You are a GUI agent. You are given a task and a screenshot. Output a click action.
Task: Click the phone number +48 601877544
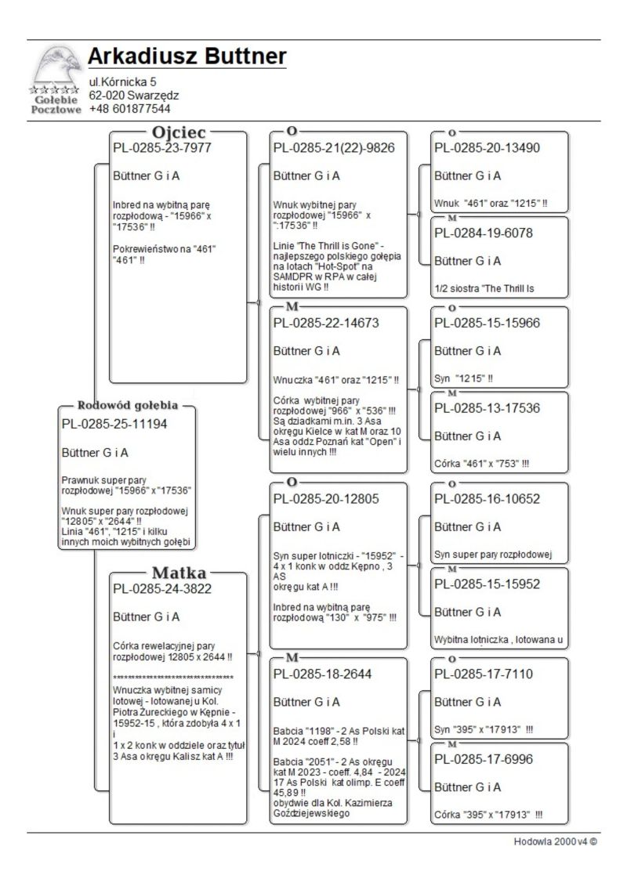(x=129, y=109)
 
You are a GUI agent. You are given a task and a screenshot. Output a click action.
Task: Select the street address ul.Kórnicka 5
(x=122, y=81)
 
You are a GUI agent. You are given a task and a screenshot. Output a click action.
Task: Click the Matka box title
(x=179, y=572)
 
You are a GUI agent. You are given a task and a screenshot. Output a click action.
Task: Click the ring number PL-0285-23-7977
(x=162, y=148)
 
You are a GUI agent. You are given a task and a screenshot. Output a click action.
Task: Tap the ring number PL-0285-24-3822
(x=162, y=589)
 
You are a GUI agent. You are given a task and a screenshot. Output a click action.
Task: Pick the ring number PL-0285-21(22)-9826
(x=333, y=148)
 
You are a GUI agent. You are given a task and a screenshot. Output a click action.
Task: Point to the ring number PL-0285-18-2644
(x=322, y=674)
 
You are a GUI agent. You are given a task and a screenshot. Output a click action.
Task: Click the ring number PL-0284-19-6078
(x=484, y=233)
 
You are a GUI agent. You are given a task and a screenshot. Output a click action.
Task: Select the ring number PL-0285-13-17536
(x=487, y=408)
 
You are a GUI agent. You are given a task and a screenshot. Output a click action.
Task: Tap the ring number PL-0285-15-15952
(x=487, y=584)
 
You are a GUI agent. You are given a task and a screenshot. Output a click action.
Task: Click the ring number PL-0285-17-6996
(x=484, y=759)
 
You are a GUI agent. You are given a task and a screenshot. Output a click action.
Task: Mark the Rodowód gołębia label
(x=128, y=406)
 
